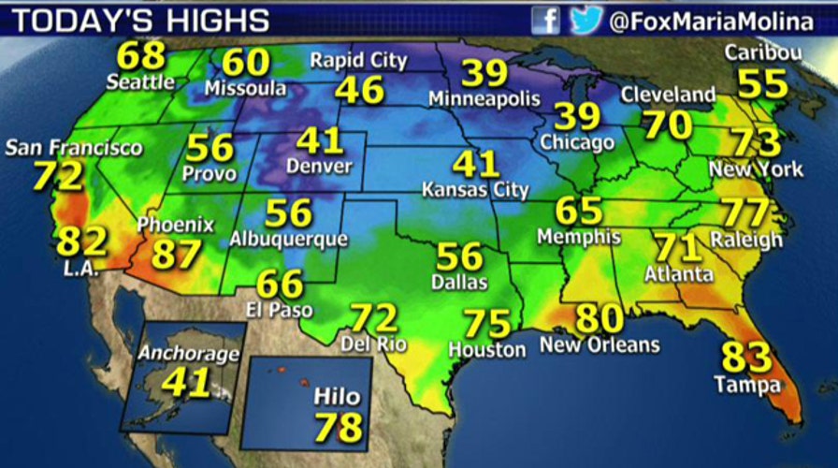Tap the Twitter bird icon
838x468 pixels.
pyautogui.click(x=585, y=20)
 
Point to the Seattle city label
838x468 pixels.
pyautogui.click(x=140, y=81)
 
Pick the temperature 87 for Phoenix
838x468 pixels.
pyautogui.click(x=178, y=254)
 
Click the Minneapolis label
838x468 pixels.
pyautogui.click(x=484, y=97)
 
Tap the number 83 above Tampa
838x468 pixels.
pyautogui.click(x=746, y=358)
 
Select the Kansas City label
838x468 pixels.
pyautogui.click(x=476, y=190)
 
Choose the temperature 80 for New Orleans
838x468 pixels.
pyautogui.click(x=600, y=319)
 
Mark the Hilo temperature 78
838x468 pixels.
pyautogui.click(x=338, y=427)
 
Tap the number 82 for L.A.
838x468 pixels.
pyautogui.click(x=82, y=242)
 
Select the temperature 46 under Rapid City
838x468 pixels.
pyautogui.click(x=360, y=90)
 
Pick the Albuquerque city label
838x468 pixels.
pyautogui.click(x=288, y=240)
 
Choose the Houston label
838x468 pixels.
pyautogui.click(x=486, y=350)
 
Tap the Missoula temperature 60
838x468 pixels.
pyautogui.click(x=246, y=63)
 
